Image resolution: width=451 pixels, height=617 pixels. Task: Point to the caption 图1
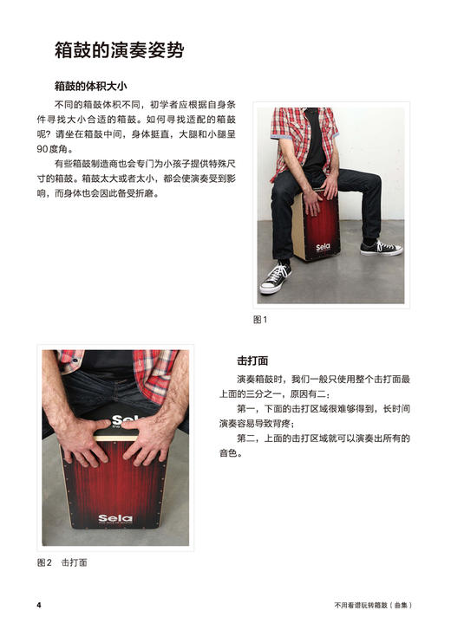[x=259, y=320]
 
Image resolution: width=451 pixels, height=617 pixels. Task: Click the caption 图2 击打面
[x=62, y=562]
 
